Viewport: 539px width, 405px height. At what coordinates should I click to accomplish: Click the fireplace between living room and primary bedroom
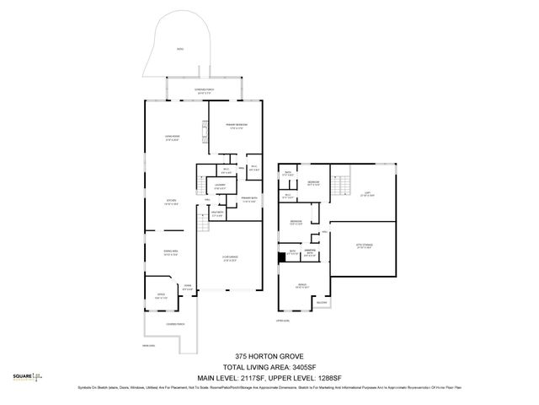pyautogui.click(x=203, y=132)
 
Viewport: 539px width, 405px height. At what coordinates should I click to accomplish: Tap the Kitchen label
pyautogui.click(x=171, y=202)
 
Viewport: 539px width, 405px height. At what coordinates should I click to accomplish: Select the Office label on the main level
pyautogui.click(x=162, y=296)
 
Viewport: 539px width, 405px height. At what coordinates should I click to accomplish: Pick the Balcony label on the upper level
pyautogui.click(x=322, y=302)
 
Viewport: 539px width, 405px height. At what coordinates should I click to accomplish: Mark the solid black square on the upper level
pyautogui.click(x=282, y=258)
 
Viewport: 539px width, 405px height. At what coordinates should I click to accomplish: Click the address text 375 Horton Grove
pyautogui.click(x=269, y=357)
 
